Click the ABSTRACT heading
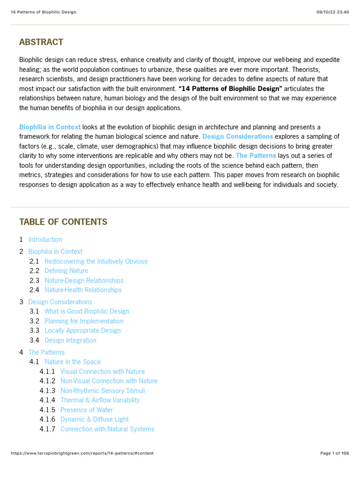coord(41,42)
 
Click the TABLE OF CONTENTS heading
coord(63,222)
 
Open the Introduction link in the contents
coord(45,240)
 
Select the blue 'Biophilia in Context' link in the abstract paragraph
coord(50,127)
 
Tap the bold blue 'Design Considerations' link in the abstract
coord(238,136)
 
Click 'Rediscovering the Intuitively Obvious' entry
coord(96,262)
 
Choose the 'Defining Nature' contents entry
coord(66,271)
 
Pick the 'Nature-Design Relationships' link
coord(84,281)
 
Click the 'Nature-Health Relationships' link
coord(83,290)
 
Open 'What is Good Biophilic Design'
coord(87,311)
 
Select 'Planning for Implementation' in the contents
coord(84,321)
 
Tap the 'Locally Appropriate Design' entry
coord(82,330)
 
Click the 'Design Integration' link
coord(70,340)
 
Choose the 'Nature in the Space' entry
coord(73,362)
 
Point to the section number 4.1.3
coord(47,391)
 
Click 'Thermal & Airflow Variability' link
coord(100,400)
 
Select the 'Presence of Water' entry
coord(87,410)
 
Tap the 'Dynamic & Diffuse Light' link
coord(94,420)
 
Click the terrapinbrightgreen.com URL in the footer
coord(82,453)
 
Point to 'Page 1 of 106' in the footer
coord(334,453)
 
